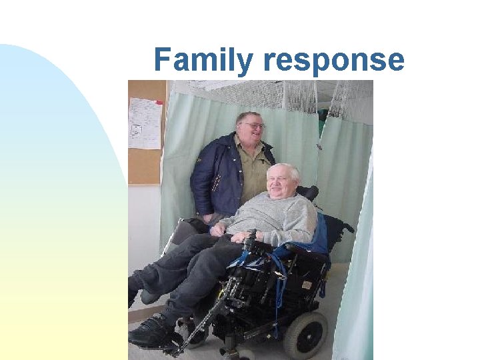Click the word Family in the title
203,60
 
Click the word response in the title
333,60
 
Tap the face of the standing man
250,130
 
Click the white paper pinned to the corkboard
145,123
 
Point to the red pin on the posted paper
159,103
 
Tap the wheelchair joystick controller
251,237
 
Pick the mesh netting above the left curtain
253,93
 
